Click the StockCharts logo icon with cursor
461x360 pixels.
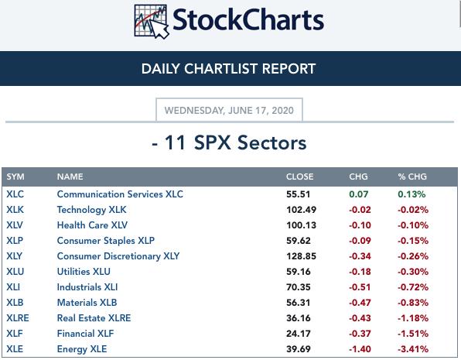[x=152, y=22]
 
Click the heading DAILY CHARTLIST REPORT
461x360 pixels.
[x=228, y=69]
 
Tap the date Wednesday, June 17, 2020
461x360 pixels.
[x=229, y=111]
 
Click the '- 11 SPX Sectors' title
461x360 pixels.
[x=229, y=142]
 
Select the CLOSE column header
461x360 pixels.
[x=299, y=177]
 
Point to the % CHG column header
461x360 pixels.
[x=412, y=177]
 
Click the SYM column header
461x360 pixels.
[x=15, y=177]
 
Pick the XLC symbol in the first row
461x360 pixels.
[x=15, y=194]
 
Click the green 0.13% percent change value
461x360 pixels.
[x=411, y=194]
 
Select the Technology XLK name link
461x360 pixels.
[x=91, y=210]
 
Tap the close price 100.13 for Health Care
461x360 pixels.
[x=302, y=225]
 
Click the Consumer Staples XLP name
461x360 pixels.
[x=105, y=241]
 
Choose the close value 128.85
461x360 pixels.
[x=302, y=256]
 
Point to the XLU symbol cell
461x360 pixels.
[x=15, y=272]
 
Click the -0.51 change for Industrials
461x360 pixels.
[x=360, y=287]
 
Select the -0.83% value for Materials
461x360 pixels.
[x=413, y=303]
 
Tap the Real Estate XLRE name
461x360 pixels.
[x=94, y=318]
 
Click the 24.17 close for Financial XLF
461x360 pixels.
[x=299, y=334]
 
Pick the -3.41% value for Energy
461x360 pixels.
[x=413, y=349]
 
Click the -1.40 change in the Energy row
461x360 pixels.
[x=360, y=349]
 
